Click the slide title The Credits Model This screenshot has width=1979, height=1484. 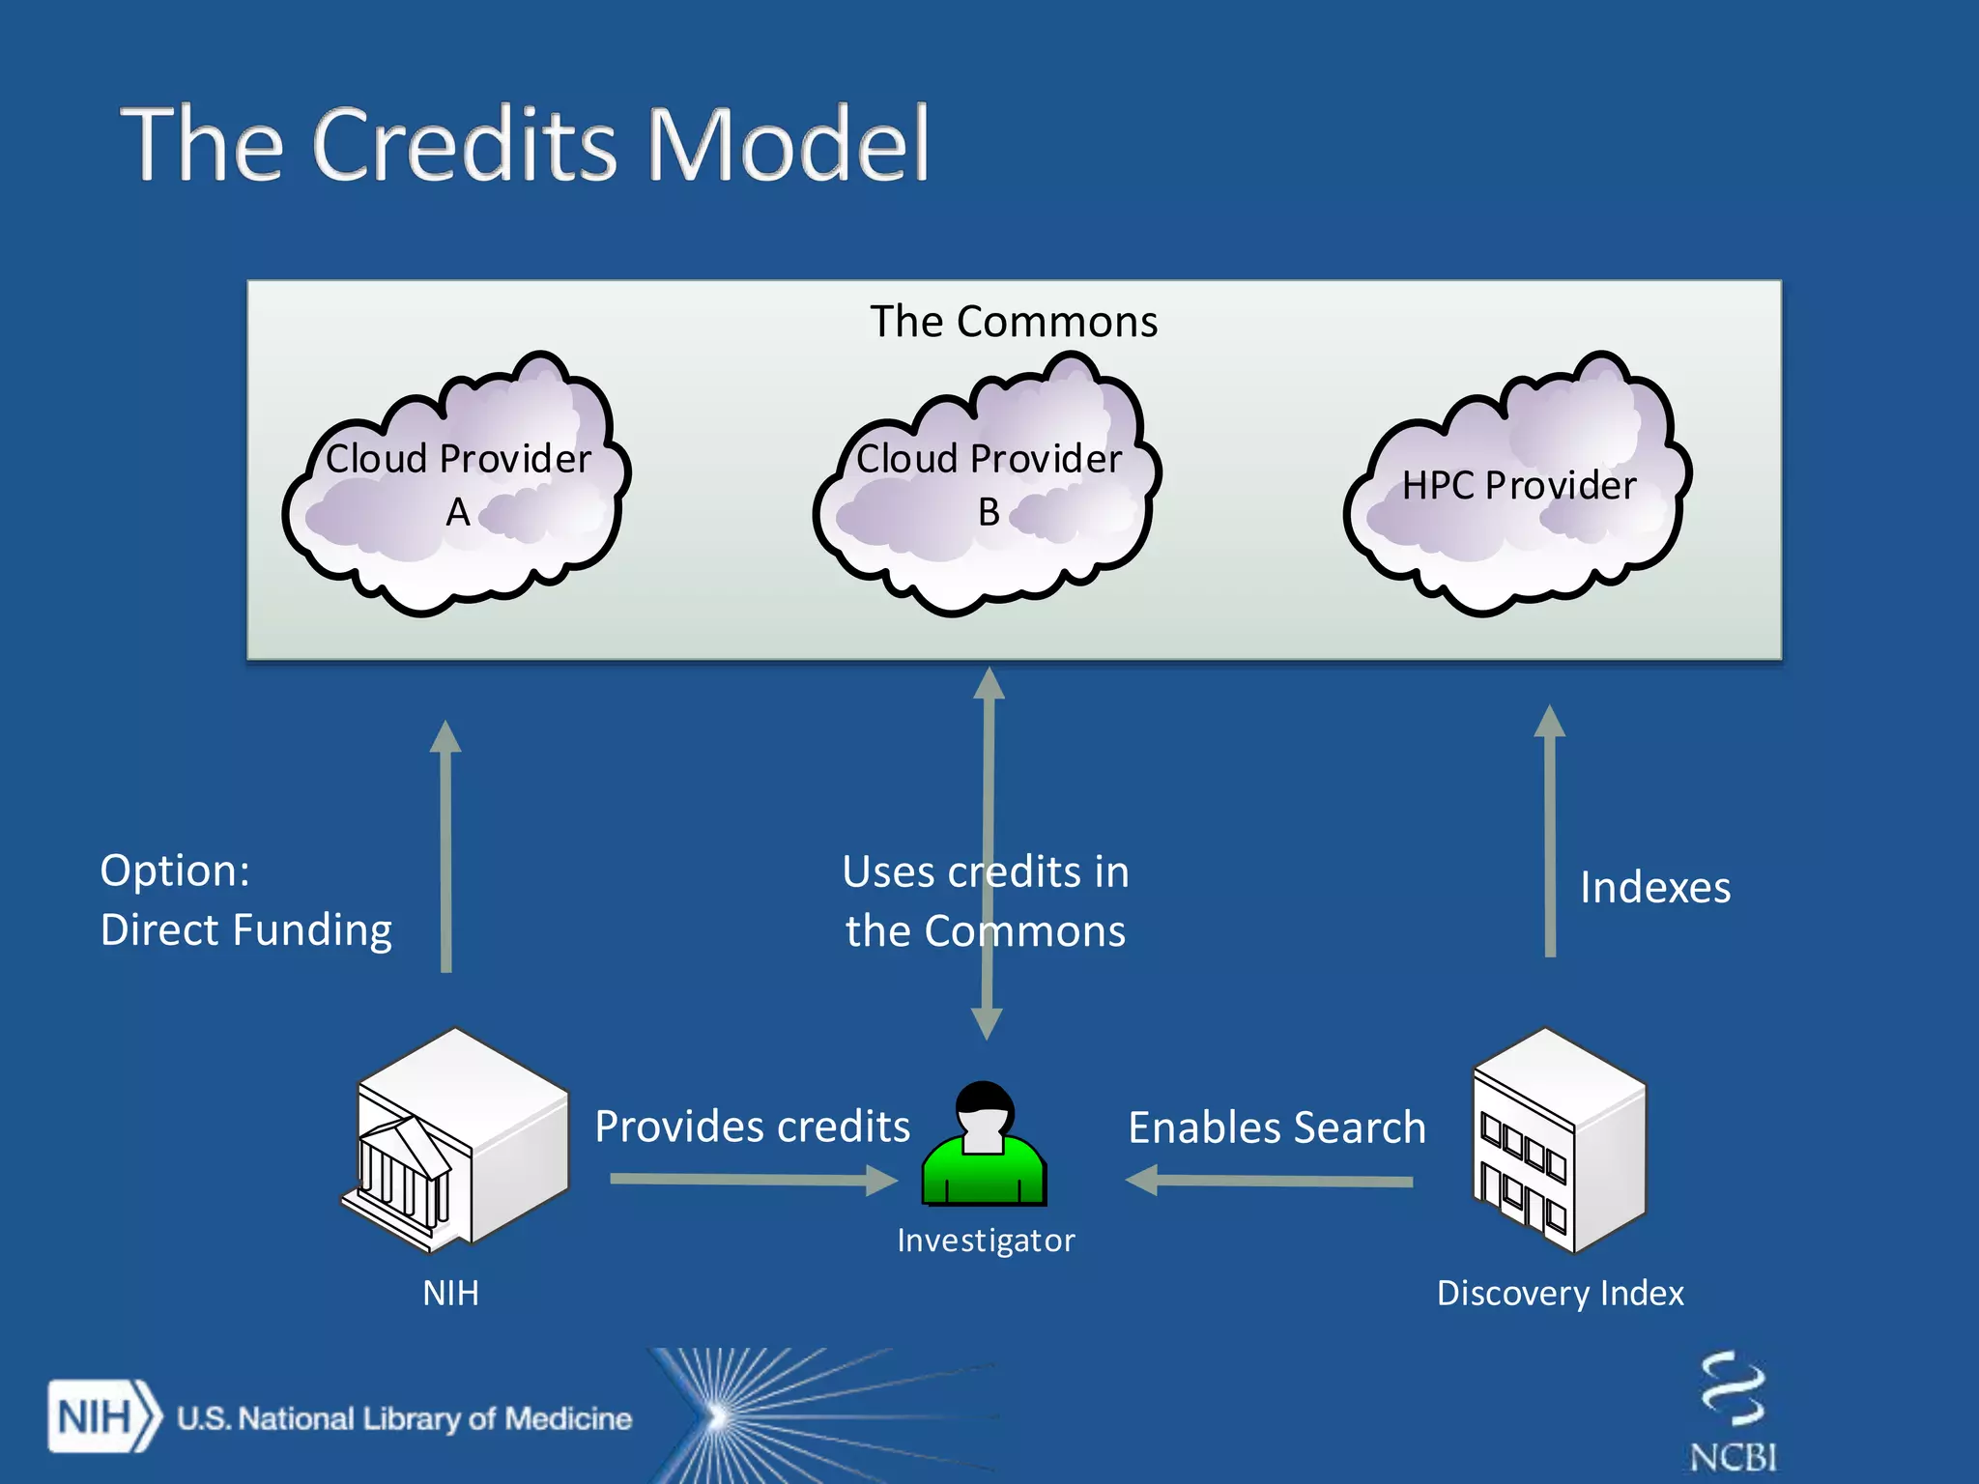[x=525, y=145]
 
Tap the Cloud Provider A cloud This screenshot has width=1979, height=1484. [x=457, y=483]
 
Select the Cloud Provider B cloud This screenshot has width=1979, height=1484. [x=988, y=483]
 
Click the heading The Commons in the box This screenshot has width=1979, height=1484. [x=1013, y=322]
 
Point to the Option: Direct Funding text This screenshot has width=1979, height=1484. [x=245, y=900]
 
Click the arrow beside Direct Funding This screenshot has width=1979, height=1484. [x=445, y=846]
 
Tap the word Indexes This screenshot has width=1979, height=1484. [x=1654, y=888]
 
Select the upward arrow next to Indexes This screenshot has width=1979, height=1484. [x=1549, y=831]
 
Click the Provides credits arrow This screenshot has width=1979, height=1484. [x=754, y=1180]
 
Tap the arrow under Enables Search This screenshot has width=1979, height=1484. [x=1270, y=1181]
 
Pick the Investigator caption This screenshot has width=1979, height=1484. [x=985, y=1241]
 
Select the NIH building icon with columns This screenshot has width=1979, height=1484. [x=455, y=1140]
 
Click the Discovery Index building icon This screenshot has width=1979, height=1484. [x=1559, y=1141]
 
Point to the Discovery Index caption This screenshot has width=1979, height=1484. [x=1560, y=1294]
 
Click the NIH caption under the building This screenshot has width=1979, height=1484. [x=450, y=1294]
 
